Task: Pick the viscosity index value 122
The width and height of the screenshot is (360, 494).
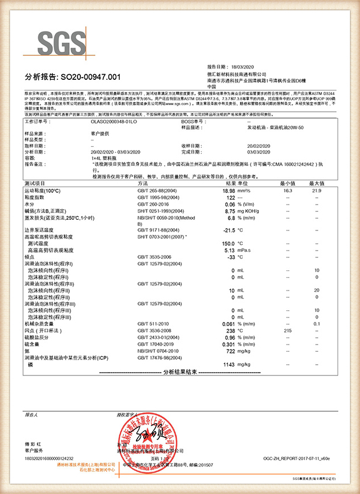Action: [230, 198]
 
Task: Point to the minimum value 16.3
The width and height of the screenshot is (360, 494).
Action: [288, 192]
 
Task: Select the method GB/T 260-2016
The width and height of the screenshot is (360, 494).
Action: [153, 205]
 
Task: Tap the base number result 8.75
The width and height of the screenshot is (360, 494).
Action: [229, 211]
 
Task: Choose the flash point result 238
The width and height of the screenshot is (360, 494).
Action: [229, 331]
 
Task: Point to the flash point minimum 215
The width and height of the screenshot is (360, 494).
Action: [288, 331]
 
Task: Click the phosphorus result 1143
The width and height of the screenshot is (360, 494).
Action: [227, 365]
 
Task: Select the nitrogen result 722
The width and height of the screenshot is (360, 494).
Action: [230, 351]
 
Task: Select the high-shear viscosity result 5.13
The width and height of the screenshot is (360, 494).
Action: [229, 250]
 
